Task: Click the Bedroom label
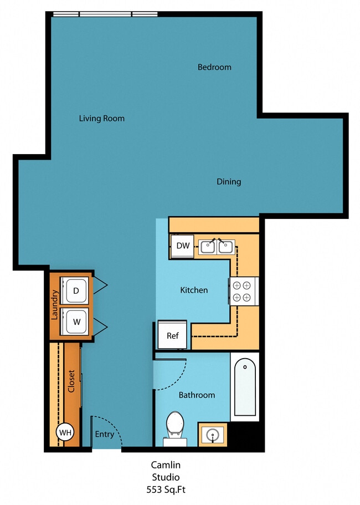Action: pyautogui.click(x=214, y=67)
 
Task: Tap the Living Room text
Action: pyautogui.click(x=101, y=118)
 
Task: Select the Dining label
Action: pyautogui.click(x=229, y=181)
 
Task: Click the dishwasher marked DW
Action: pyautogui.click(x=183, y=246)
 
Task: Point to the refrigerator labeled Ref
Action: pyautogui.click(x=173, y=336)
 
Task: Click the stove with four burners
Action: pyautogui.click(x=244, y=291)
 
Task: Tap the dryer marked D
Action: pyautogui.click(x=76, y=290)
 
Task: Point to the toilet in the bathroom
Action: pyautogui.click(x=175, y=425)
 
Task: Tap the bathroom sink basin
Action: pyautogui.click(x=212, y=435)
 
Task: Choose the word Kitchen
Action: pyautogui.click(x=194, y=290)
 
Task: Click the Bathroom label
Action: pyautogui.click(x=197, y=395)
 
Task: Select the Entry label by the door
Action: pyautogui.click(x=104, y=434)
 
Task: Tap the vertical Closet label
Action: pyautogui.click(x=71, y=381)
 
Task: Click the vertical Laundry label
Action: pyautogui.click(x=54, y=305)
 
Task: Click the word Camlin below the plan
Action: pyautogui.click(x=166, y=465)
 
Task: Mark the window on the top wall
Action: pyautogui.click(x=105, y=14)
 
